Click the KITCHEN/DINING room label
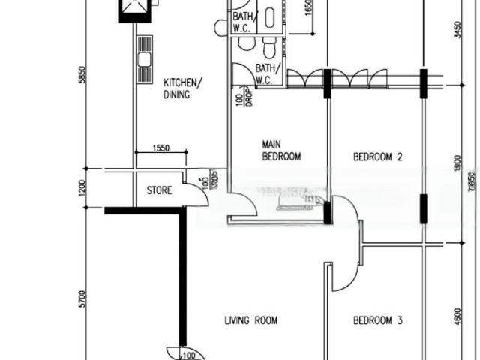click(182, 88)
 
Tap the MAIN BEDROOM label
click(281, 150)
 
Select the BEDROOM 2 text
click(378, 157)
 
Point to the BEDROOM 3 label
click(378, 320)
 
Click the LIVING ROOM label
click(251, 320)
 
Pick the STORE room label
click(159, 190)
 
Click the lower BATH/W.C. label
click(267, 73)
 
